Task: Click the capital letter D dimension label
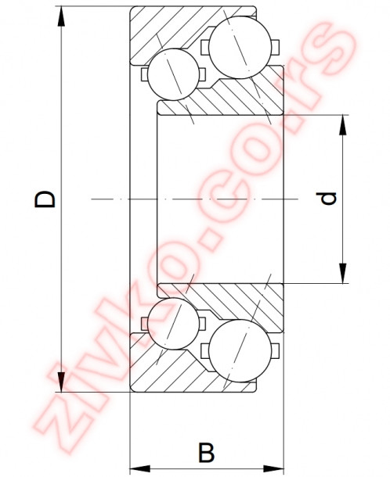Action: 48,199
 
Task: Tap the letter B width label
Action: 206,453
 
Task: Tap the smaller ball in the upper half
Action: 173,73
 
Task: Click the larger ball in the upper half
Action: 236,48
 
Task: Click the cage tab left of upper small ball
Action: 144,75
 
